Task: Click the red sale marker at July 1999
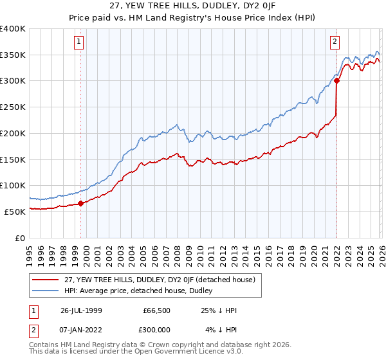click(80, 203)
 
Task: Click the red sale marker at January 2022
click(336, 81)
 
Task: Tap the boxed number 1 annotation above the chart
click(78, 42)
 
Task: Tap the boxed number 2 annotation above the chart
click(335, 42)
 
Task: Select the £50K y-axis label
click(15, 212)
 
